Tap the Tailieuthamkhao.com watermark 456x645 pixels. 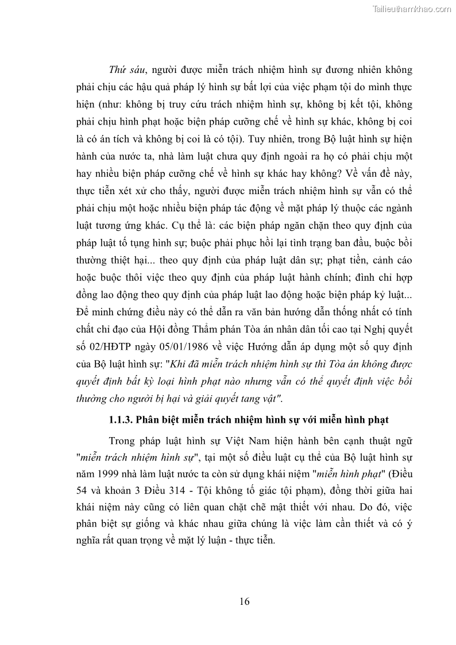[x=412, y=9]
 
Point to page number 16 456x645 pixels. [x=244, y=601]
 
